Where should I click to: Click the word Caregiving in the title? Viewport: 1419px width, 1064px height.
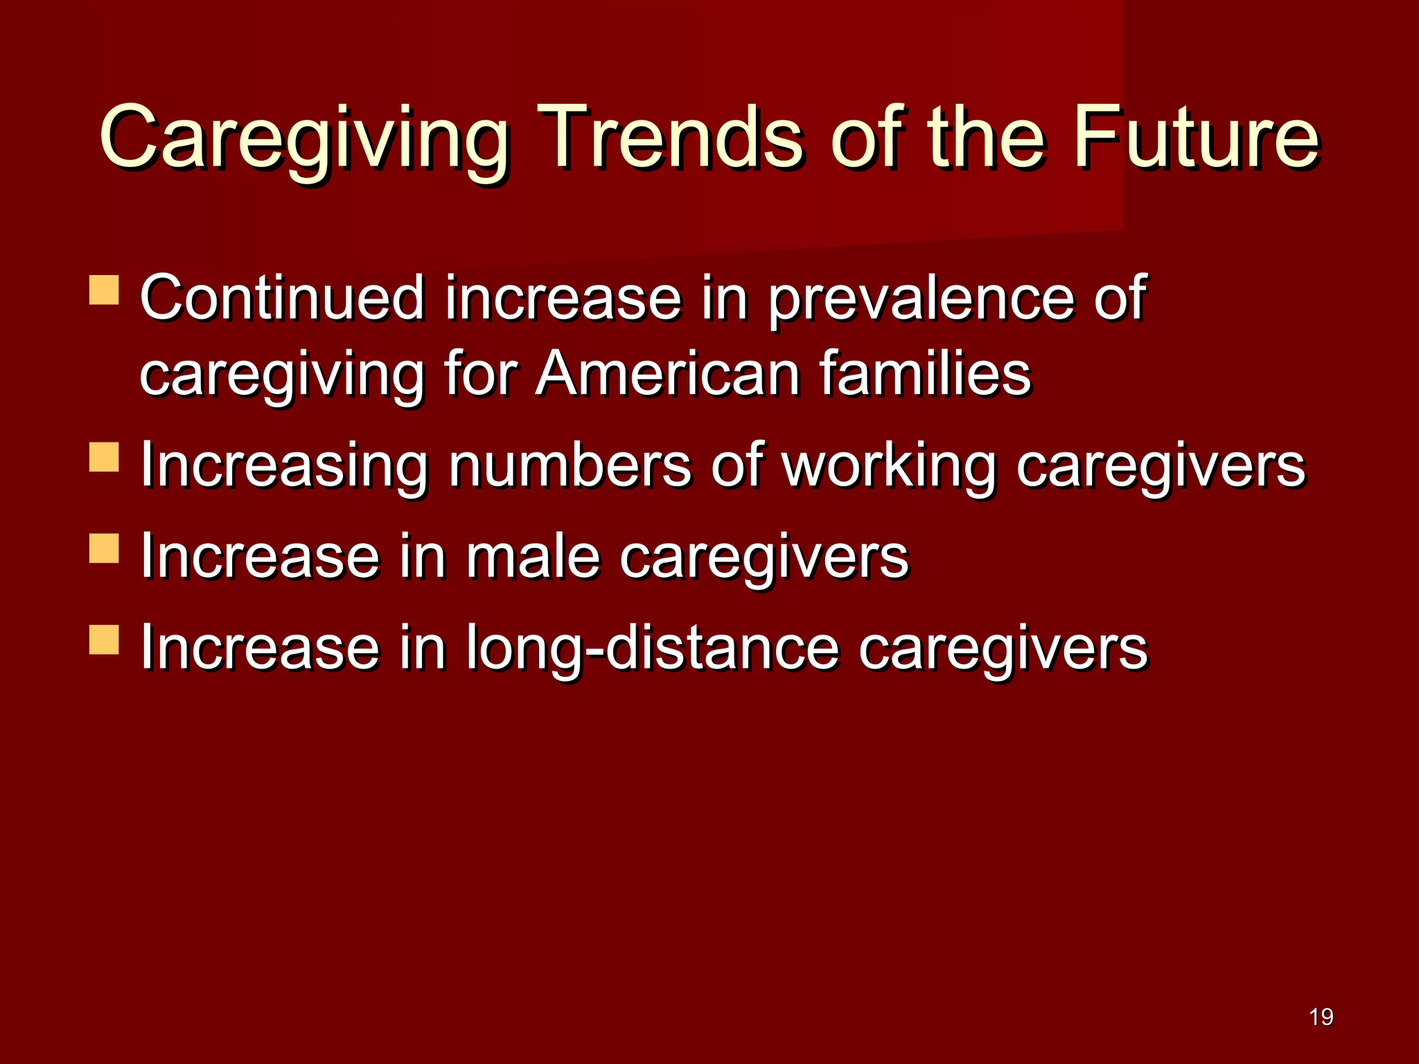[x=305, y=139]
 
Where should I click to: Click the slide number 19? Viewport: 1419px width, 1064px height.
[x=1321, y=1017]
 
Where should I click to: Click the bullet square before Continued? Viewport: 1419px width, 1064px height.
[x=105, y=290]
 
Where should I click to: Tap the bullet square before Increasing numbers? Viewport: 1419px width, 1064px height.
[x=105, y=458]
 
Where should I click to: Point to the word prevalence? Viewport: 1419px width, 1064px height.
[x=922, y=299]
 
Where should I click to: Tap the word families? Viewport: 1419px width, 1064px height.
[x=926, y=374]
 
